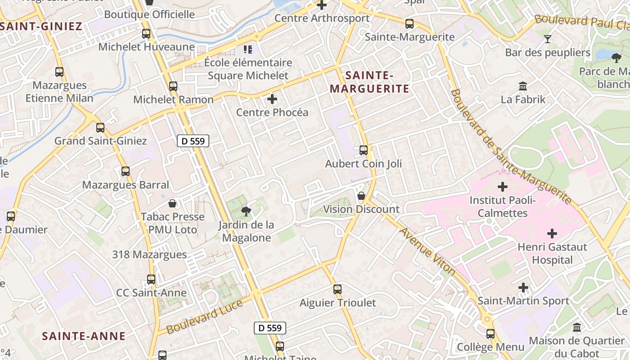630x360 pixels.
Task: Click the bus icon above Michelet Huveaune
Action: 146,34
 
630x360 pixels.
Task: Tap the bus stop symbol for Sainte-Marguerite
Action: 409,24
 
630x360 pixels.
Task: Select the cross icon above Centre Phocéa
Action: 272,99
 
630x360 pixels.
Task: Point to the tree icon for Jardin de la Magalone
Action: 246,211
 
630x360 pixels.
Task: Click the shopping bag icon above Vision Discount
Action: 361,196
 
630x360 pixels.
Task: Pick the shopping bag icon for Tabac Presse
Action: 172,203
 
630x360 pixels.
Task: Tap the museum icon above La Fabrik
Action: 523,86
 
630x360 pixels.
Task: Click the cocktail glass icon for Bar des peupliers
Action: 548,39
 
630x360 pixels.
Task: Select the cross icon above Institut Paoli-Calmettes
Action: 503,186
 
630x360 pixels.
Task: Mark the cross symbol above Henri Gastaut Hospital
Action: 552,234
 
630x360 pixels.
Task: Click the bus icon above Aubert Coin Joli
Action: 364,150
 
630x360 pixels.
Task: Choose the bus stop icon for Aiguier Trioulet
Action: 337,289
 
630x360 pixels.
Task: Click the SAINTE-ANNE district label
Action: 84,336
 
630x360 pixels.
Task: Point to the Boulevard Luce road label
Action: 205,317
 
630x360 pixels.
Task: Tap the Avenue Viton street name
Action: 427,251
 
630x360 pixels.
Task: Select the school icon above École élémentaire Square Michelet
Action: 247,49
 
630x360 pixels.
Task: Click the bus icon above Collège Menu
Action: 490,334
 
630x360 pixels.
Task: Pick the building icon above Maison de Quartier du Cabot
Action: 577,328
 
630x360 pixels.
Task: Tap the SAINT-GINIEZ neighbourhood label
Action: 41,26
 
